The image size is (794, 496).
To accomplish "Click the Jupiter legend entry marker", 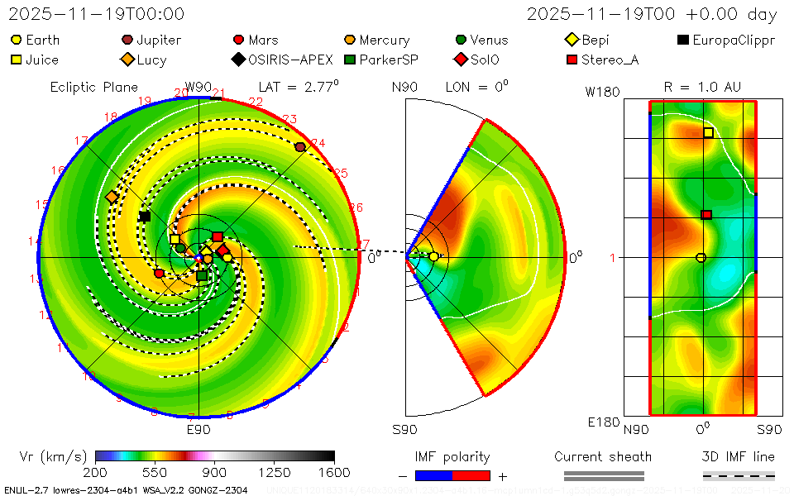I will tap(127, 40).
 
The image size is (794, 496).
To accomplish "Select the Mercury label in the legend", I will tap(384, 40).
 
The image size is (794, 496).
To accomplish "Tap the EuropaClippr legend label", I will tap(734, 40).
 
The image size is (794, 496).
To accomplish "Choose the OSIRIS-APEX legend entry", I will tap(290, 60).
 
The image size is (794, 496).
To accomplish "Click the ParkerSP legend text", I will tap(388, 60).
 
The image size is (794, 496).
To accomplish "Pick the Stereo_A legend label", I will tap(610, 60).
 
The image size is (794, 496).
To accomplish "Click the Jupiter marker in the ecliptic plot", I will tap(300, 146).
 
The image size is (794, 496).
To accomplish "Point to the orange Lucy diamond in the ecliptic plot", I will tap(111, 197).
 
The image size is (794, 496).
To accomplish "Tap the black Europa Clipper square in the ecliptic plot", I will tap(145, 217).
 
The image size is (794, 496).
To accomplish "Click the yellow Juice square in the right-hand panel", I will tap(708, 132).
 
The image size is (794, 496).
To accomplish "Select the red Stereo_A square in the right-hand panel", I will tap(706, 215).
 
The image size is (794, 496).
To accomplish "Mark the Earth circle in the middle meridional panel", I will tap(433, 257).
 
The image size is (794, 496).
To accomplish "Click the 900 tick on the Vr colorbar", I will tap(215, 472).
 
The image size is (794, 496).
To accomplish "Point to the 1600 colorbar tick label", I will tap(334, 472).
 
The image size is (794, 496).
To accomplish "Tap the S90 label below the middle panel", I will tap(404, 430).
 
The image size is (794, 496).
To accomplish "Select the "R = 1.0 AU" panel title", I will tap(702, 87).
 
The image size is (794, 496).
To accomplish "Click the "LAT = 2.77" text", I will tap(299, 86).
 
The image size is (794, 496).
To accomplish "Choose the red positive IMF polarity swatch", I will tap(471, 475).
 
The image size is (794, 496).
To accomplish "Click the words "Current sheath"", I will tap(603, 456).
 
